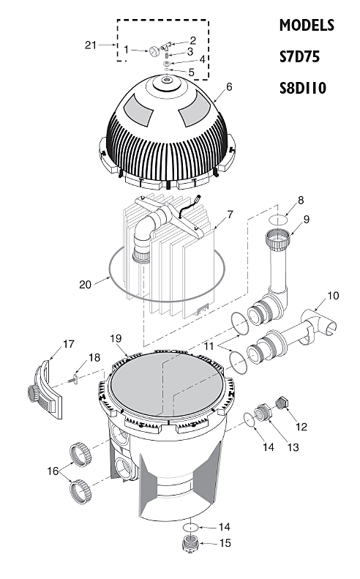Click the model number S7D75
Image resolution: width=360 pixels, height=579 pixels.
coord(299,57)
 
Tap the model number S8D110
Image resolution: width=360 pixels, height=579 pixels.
coord(303,89)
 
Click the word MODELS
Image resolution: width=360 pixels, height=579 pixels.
coord(307,25)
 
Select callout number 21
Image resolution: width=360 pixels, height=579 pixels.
coord(91,45)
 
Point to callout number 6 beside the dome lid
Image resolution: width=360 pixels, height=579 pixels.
coord(229,87)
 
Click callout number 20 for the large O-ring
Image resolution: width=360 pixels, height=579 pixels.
coord(85,284)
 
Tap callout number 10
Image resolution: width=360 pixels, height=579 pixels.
coord(333,296)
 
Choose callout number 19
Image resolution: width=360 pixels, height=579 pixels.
coord(116,339)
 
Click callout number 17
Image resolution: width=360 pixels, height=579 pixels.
coord(69,344)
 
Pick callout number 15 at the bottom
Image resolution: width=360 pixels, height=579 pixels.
coord(225,543)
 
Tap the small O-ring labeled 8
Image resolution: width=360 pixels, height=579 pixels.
coord(278,220)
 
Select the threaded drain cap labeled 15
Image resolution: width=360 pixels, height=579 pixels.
coord(190,545)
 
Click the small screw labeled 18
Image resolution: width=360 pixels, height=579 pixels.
coord(74,378)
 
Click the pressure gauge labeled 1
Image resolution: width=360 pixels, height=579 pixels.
coord(154,52)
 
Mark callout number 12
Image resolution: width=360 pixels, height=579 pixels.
coord(301,427)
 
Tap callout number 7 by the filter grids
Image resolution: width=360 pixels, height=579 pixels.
coord(230,214)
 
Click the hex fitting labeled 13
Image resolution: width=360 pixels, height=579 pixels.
coord(263,413)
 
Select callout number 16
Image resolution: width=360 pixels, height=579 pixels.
coord(53,471)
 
